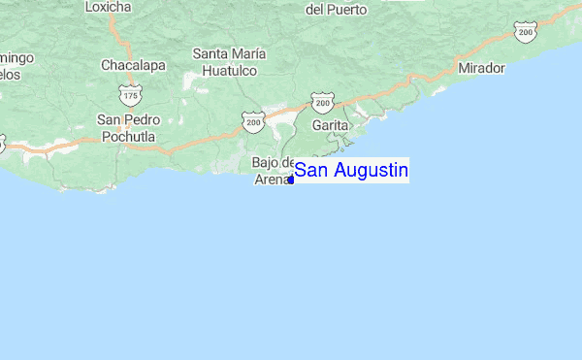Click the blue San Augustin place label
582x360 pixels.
[x=351, y=171]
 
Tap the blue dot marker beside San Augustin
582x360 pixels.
[x=292, y=180]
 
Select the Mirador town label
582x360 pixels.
[x=482, y=68]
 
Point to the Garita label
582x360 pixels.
[x=330, y=125]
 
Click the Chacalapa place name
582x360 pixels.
[x=134, y=66]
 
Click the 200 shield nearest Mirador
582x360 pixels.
[x=526, y=33]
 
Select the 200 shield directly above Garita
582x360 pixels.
[x=322, y=102]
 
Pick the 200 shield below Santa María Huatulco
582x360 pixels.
[x=253, y=121]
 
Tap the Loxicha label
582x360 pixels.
[x=108, y=7]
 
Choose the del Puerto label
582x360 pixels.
[x=337, y=10]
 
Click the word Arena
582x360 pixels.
[x=273, y=179]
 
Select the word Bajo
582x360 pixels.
[x=266, y=162]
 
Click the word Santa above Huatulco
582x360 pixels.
[x=210, y=53]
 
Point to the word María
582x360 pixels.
[x=251, y=53]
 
